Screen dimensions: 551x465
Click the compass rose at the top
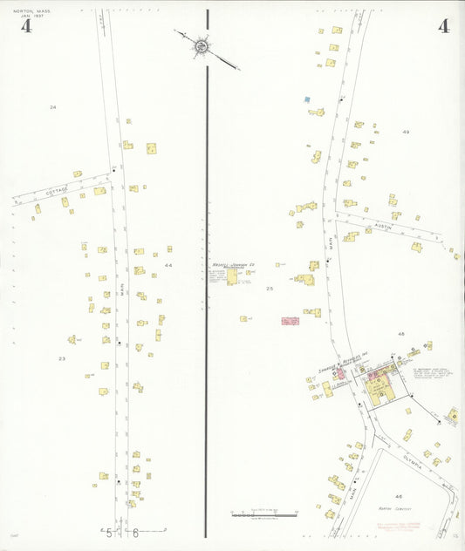[x=202, y=44]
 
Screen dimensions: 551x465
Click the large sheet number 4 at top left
[x=26, y=26]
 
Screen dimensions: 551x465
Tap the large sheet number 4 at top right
[x=443, y=26]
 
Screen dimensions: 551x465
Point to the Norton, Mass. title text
[x=31, y=11]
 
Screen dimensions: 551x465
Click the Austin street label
[x=385, y=225]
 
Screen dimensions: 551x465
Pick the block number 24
[x=52, y=106]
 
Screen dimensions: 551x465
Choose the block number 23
[x=62, y=358]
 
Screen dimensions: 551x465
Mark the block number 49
[x=406, y=131]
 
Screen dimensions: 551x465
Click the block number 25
[x=270, y=288]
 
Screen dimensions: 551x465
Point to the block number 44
[x=168, y=265]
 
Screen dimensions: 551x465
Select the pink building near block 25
[x=290, y=321]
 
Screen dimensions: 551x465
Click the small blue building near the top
[x=306, y=99]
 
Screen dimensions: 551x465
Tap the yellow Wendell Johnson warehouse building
[x=232, y=276]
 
